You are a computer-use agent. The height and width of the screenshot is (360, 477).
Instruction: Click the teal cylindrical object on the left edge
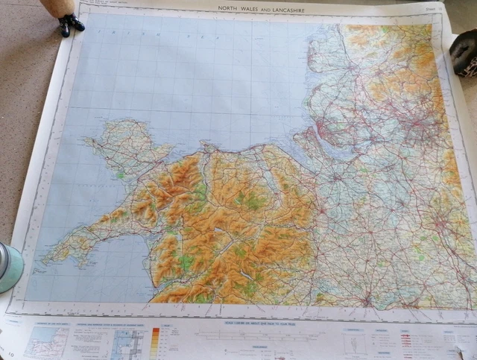[9, 266]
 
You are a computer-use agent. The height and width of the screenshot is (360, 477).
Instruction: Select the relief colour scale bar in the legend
[156, 342]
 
